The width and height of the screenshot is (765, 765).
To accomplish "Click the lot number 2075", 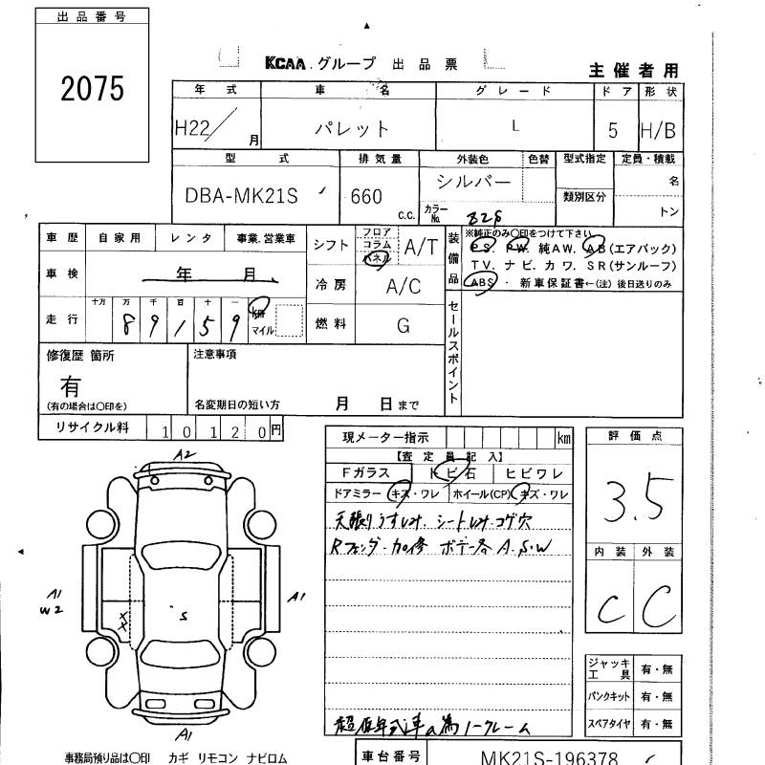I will [x=93, y=89].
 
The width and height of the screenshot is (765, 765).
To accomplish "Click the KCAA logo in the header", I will [x=286, y=64].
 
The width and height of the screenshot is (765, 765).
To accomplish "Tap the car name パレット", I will [x=353, y=129].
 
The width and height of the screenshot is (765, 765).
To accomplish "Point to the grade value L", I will [x=516, y=125].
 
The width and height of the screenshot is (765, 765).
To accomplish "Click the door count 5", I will [x=612, y=130].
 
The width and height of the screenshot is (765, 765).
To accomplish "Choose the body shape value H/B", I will [x=658, y=130].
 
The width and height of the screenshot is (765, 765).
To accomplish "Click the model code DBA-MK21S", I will [x=241, y=196].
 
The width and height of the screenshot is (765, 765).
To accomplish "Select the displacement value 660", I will [x=367, y=197].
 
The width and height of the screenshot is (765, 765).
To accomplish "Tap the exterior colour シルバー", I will [x=473, y=181].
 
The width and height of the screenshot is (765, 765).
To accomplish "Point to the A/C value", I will [x=404, y=286].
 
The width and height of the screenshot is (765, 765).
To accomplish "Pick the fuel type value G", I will [x=404, y=325].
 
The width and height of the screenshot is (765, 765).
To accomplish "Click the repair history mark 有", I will [x=71, y=385].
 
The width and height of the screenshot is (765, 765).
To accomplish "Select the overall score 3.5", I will [x=633, y=496].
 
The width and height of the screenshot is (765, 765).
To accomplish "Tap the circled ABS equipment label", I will [x=481, y=284].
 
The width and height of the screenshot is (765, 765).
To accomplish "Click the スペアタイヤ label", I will [x=608, y=724].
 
